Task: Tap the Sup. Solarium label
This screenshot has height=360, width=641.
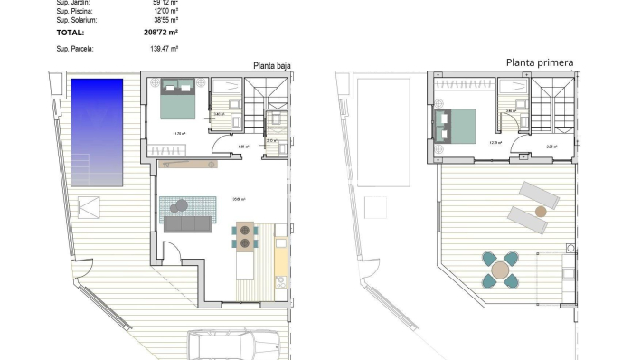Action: coord(77,19)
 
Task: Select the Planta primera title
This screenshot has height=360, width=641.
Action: coord(540,62)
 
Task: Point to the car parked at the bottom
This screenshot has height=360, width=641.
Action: coord(233,346)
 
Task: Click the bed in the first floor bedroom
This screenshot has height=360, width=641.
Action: coord(455,126)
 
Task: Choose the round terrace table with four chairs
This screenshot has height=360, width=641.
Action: coord(500,270)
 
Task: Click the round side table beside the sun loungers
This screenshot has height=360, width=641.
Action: coord(541,211)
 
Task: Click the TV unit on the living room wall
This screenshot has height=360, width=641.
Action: coord(189,164)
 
